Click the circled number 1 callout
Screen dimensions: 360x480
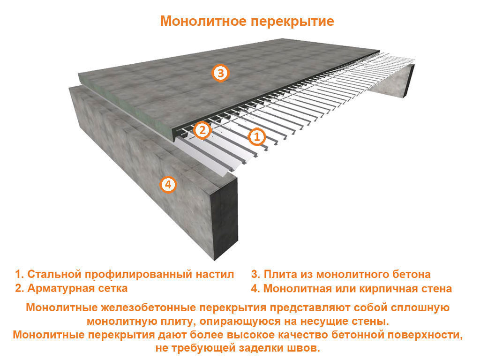pyautogui.click(x=256, y=137)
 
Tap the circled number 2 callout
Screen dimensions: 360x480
pyautogui.click(x=201, y=130)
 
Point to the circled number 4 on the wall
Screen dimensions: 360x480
pyautogui.click(x=167, y=185)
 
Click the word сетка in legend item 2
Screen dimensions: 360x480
pyautogui.click(x=113, y=288)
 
